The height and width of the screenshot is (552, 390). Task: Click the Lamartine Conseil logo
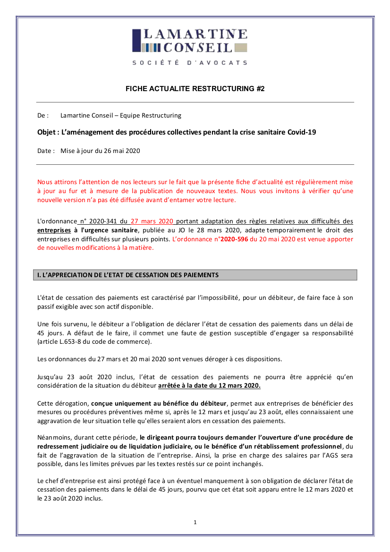click(x=189, y=41)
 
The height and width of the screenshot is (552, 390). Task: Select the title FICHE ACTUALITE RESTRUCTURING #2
click(x=195, y=89)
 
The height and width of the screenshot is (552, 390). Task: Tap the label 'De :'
click(x=43, y=115)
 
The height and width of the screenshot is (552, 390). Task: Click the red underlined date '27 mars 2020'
click(x=153, y=221)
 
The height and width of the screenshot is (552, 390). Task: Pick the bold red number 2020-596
click(x=234, y=239)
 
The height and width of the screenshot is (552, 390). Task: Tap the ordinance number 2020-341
click(x=103, y=221)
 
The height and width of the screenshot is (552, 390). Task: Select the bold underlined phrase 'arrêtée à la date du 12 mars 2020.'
click(x=209, y=385)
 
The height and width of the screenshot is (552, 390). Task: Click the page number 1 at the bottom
click(x=195, y=522)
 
